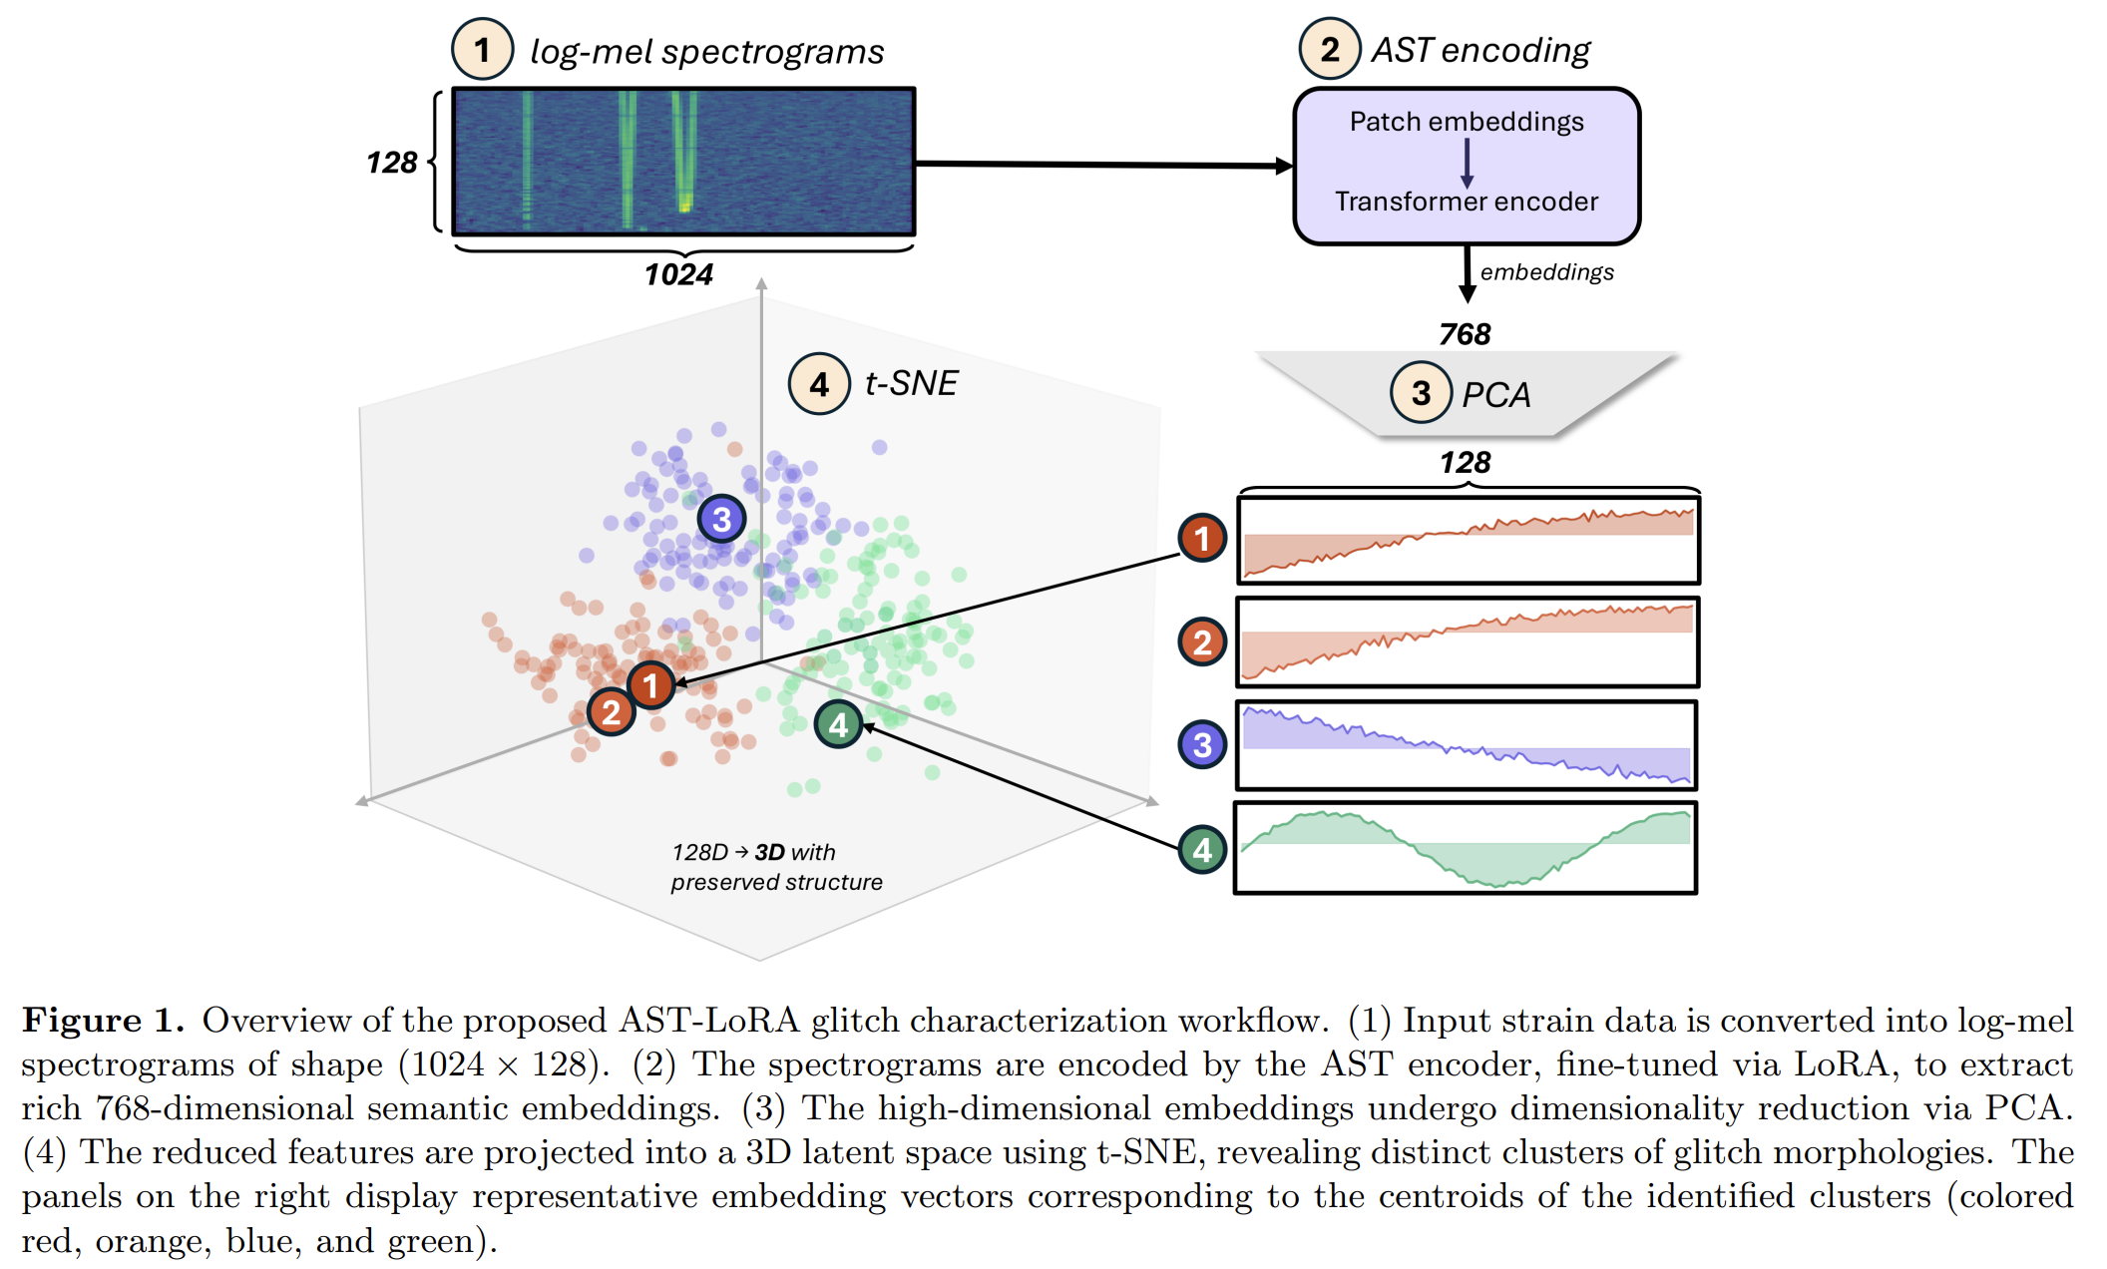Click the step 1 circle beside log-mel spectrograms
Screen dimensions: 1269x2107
tap(482, 49)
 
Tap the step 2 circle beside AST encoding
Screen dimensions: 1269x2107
tap(1329, 49)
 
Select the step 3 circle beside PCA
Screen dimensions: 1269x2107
tap(1421, 393)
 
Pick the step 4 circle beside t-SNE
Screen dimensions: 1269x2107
tap(819, 384)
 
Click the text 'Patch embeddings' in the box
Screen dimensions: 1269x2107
tap(1466, 122)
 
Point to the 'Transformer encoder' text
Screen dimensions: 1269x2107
tap(1466, 202)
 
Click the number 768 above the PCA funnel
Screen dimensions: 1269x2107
tap(1465, 334)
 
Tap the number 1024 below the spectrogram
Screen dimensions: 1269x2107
tap(678, 274)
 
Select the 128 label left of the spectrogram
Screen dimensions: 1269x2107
tap(391, 163)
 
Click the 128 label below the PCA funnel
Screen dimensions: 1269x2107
tap(1465, 463)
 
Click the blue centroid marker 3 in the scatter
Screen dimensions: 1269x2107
tap(721, 519)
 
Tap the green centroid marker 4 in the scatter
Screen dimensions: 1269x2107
tap(838, 724)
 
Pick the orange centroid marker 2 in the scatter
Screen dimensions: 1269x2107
tap(611, 711)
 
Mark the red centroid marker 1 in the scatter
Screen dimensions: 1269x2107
tap(651, 685)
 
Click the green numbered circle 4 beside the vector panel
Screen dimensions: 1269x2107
tap(1202, 850)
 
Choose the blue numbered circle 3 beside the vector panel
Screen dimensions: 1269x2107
tap(1202, 744)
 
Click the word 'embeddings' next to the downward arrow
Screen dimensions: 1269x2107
tap(1546, 272)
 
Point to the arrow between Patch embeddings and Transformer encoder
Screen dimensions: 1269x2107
tap(1467, 163)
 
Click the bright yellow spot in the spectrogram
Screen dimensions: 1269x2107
tap(684, 205)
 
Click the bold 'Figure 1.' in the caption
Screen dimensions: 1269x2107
tap(104, 1020)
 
